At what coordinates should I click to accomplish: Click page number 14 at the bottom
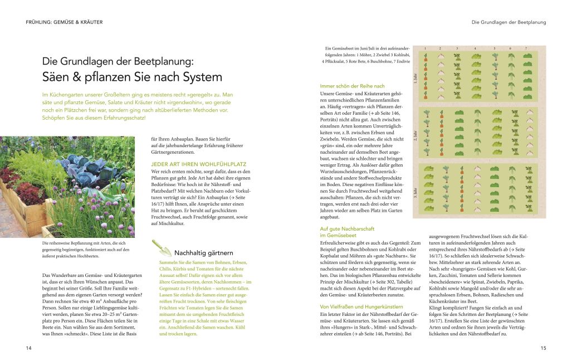coord(28,348)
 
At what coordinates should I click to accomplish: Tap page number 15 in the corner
coord(543,348)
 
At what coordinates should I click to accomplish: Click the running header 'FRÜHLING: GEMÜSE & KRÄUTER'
coord(64,22)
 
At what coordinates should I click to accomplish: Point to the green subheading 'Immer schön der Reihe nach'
coord(353,86)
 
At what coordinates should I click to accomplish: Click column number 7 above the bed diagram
coord(526,49)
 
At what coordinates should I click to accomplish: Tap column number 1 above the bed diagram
coord(426,49)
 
